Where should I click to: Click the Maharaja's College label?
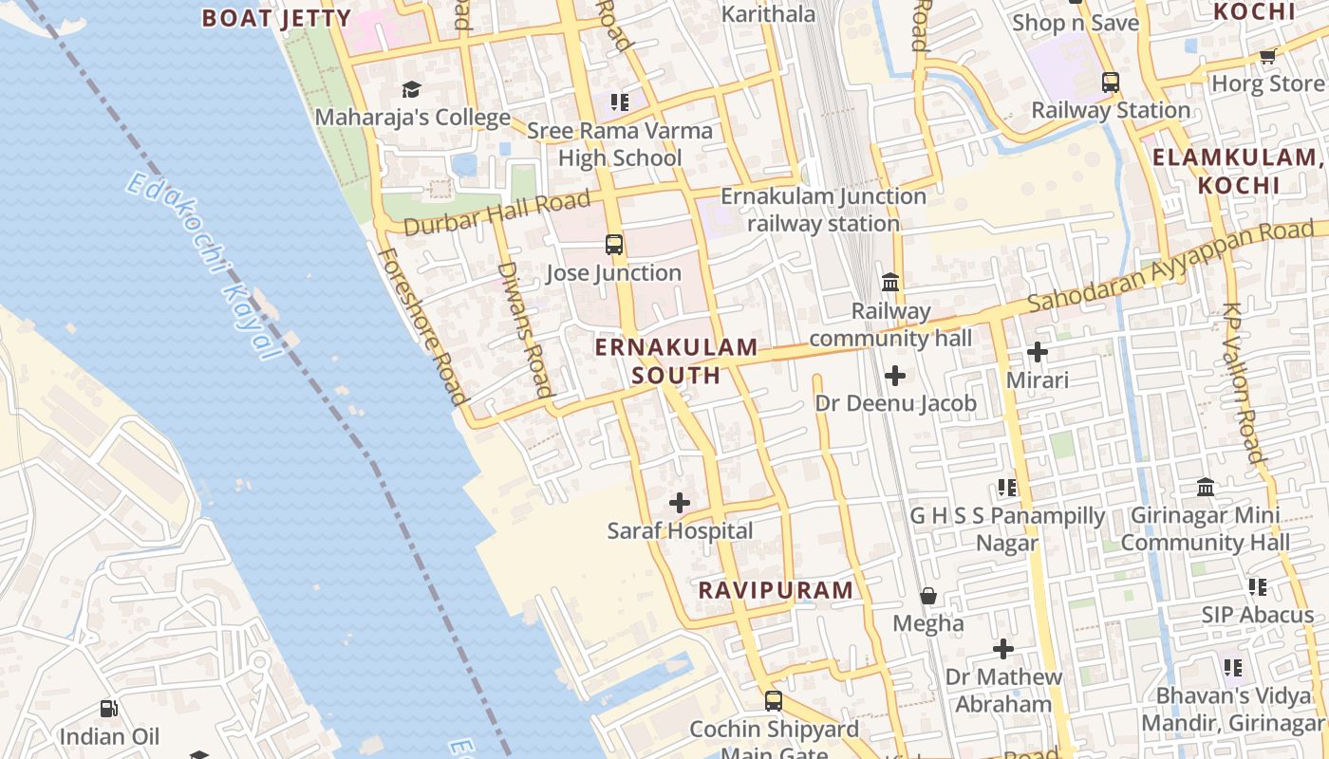pyautogui.click(x=412, y=118)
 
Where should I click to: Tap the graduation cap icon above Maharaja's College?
pyautogui.click(x=411, y=89)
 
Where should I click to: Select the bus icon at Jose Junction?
pyautogui.click(x=614, y=245)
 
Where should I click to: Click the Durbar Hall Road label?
pyautogui.click(x=496, y=213)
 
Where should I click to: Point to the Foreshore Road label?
pyautogui.click(x=421, y=325)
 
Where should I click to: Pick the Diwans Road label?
pyautogui.click(x=524, y=328)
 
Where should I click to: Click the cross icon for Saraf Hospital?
pyautogui.click(x=680, y=503)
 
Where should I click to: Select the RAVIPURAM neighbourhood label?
pyautogui.click(x=776, y=589)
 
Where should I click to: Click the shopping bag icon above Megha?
pyautogui.click(x=928, y=596)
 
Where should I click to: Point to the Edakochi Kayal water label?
pyautogui.click(x=205, y=265)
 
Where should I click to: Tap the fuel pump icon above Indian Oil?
pyautogui.click(x=108, y=709)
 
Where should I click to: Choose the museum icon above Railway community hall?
pyautogui.click(x=890, y=282)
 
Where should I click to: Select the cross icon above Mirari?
pyautogui.click(x=1037, y=353)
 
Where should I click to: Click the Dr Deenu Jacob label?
pyautogui.click(x=895, y=403)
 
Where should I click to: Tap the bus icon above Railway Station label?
pyautogui.click(x=1111, y=83)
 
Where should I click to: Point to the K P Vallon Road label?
pyautogui.click(x=1245, y=382)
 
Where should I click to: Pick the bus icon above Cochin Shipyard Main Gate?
pyautogui.click(x=774, y=701)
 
